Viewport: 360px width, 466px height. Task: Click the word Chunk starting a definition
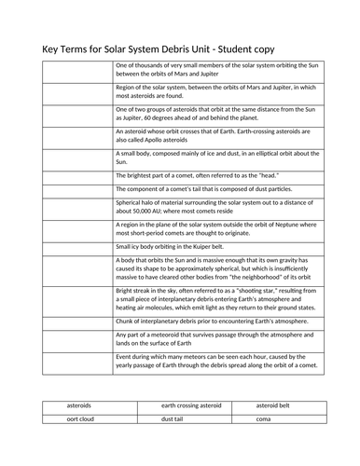pyautogui.click(x=125, y=320)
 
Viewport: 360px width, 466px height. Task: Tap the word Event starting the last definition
pyautogui.click(x=124, y=356)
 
